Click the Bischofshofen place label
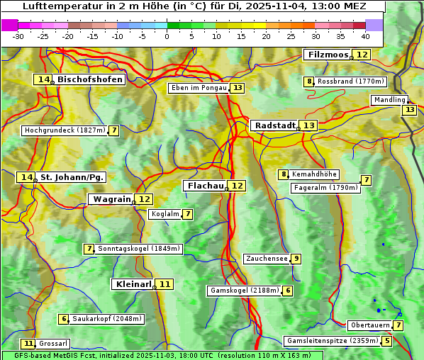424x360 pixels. click(90, 80)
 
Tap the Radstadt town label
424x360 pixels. click(275, 125)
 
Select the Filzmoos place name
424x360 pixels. click(328, 55)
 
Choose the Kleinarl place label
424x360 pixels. click(133, 284)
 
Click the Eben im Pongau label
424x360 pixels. click(199, 88)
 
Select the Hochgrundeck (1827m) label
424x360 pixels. click(65, 130)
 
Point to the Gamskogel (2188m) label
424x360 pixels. click(244, 291)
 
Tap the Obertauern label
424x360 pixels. click(369, 325)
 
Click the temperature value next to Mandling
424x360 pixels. click(409, 110)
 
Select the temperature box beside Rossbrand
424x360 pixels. click(308, 81)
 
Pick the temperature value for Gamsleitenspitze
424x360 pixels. click(386, 341)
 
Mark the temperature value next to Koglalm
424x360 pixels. click(187, 214)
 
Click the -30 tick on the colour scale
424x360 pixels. click(18, 36)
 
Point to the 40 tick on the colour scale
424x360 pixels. click(365, 36)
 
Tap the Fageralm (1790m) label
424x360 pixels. click(325, 188)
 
